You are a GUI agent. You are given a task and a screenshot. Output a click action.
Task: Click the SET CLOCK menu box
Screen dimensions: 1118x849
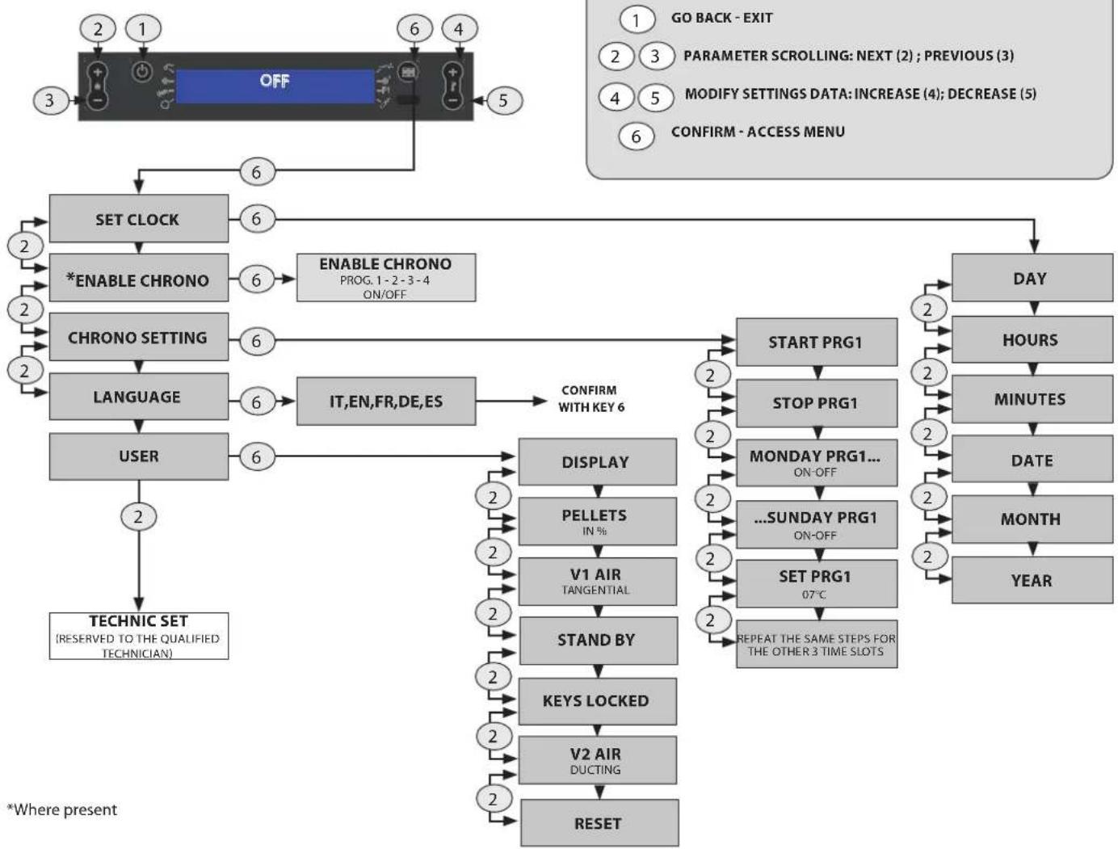tap(139, 218)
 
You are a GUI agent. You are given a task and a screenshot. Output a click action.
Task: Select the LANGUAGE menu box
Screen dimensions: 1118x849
tap(139, 397)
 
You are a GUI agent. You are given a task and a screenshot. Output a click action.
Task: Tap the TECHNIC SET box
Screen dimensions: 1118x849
tap(139, 636)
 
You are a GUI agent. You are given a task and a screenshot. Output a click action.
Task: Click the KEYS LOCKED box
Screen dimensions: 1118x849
tap(598, 701)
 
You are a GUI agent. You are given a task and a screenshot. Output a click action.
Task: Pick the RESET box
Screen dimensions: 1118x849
tap(599, 823)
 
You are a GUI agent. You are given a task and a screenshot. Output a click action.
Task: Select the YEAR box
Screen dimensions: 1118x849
tap(1032, 580)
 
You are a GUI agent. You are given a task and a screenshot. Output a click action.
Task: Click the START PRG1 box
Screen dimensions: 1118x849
tap(817, 343)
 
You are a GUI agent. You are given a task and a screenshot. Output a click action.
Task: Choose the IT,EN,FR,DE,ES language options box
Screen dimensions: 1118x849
tap(386, 401)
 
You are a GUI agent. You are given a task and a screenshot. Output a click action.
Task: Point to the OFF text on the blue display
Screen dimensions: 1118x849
tap(275, 81)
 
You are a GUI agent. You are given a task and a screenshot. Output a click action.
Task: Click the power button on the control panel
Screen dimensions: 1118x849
tap(142, 72)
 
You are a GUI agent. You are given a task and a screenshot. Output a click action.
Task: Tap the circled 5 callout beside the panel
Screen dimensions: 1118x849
tap(504, 100)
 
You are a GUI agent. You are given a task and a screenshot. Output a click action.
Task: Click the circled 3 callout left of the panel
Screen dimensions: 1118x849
tap(50, 100)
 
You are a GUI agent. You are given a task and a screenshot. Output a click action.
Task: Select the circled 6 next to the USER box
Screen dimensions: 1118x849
tap(257, 457)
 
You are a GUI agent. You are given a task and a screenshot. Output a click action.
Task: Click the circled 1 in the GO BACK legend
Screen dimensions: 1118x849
tap(637, 20)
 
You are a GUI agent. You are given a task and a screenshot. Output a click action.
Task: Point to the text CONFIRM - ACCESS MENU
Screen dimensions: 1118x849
tap(758, 132)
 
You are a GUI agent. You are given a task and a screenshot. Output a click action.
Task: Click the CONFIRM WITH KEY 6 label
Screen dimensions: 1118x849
tap(591, 399)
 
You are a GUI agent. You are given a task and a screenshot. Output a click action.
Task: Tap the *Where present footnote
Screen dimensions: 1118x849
tap(61, 809)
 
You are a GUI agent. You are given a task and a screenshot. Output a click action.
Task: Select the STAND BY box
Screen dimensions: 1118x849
tap(598, 641)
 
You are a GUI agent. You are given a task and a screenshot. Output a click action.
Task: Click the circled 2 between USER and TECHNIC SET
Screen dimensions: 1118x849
tap(139, 517)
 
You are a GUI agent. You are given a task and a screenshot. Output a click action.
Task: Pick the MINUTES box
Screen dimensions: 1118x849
tap(1032, 399)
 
